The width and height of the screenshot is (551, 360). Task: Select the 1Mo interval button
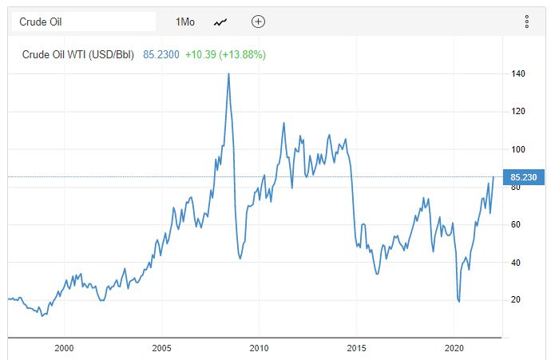click(x=185, y=22)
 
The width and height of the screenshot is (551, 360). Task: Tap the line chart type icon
click(x=221, y=22)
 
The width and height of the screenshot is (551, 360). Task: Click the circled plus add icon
click(x=258, y=22)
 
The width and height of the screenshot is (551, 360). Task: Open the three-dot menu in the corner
click(x=527, y=22)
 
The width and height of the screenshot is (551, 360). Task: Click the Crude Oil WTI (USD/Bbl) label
click(x=78, y=55)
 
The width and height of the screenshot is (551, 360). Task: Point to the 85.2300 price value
click(x=161, y=55)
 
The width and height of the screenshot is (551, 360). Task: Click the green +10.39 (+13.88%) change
click(x=225, y=55)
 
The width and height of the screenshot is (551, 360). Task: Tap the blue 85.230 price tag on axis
click(x=523, y=177)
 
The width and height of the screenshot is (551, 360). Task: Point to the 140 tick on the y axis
click(x=518, y=74)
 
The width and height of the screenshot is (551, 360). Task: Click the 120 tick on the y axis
click(x=518, y=112)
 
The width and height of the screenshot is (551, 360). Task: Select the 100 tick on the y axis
click(x=518, y=149)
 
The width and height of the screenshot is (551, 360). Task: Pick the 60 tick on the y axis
click(x=518, y=225)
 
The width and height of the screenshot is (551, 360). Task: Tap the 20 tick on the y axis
click(x=518, y=300)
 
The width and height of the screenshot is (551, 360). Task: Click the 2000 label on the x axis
click(x=64, y=348)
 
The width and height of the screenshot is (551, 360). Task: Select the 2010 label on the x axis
click(x=259, y=348)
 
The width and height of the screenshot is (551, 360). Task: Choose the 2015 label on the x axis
click(x=356, y=348)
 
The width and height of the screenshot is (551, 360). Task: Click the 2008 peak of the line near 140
click(x=229, y=73)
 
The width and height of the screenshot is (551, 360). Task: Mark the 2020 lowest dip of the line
click(x=459, y=301)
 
